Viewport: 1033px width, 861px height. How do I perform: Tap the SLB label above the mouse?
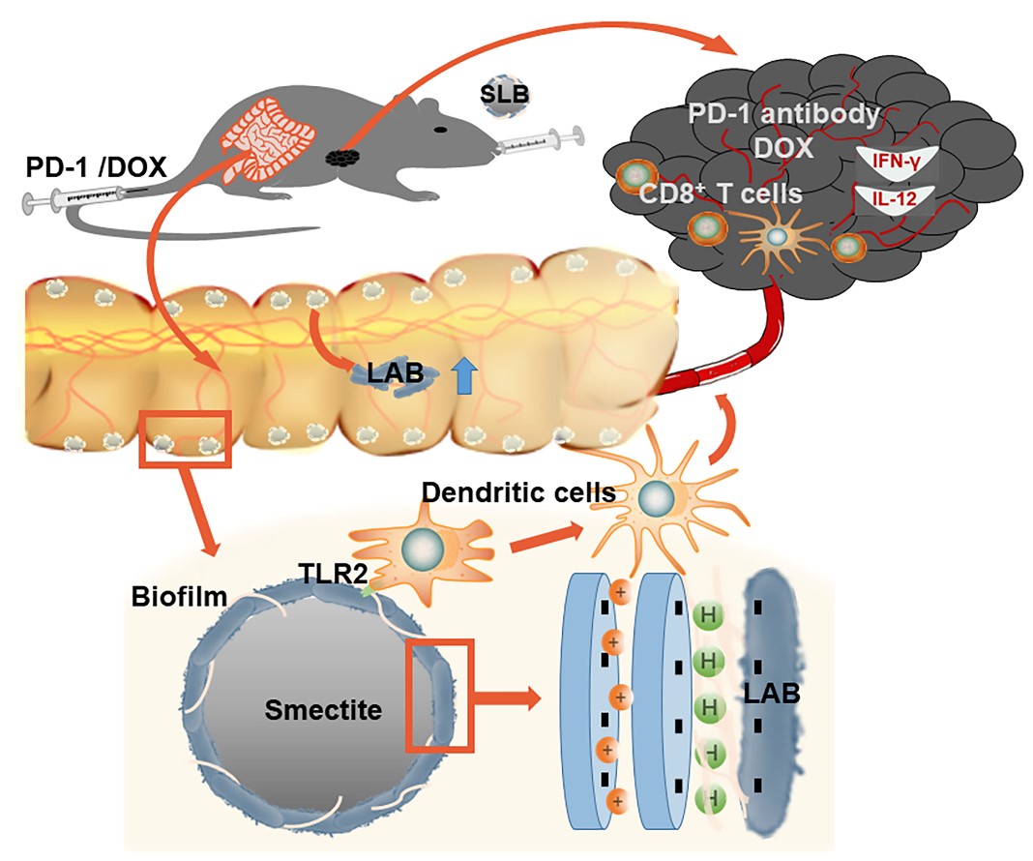click(x=504, y=95)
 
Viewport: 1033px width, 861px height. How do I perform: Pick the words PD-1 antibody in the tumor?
click(x=784, y=115)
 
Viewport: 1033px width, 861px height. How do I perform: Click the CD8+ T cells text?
click(x=722, y=193)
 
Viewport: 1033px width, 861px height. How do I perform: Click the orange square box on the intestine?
click(x=187, y=438)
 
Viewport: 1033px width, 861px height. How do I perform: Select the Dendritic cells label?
click(x=518, y=492)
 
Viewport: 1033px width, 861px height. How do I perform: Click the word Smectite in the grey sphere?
click(x=323, y=711)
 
